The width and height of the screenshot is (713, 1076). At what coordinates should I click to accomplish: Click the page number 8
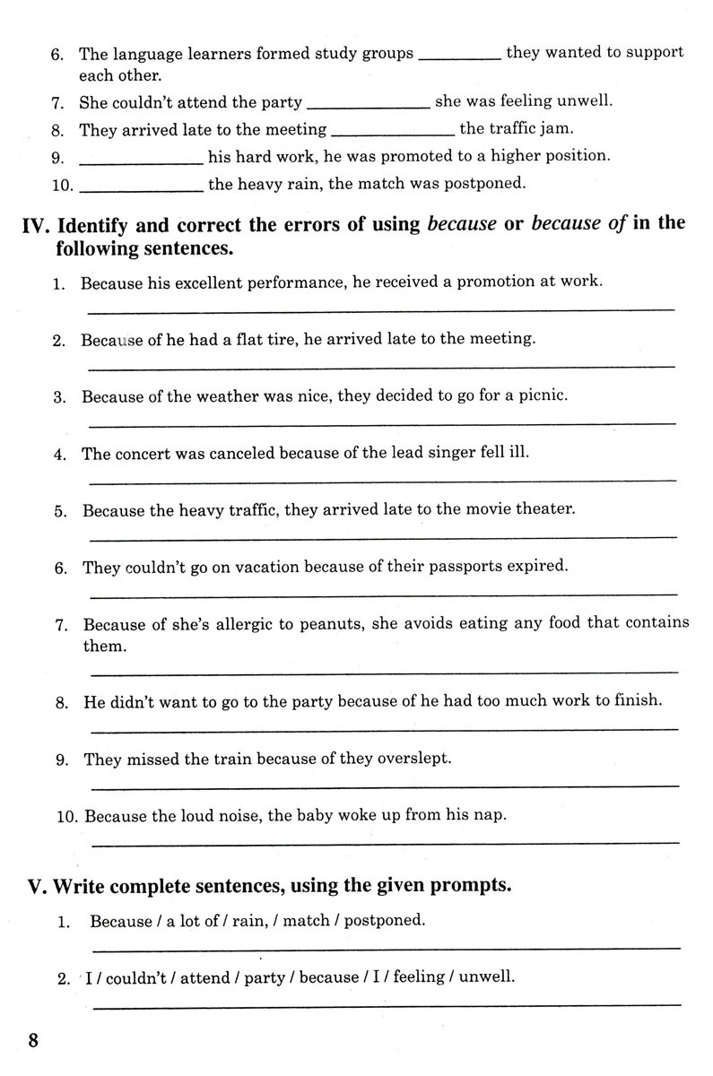pos(33,1041)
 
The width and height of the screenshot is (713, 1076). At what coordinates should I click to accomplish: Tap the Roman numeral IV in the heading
pos(37,224)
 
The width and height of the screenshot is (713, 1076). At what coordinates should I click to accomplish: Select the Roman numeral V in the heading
pos(36,887)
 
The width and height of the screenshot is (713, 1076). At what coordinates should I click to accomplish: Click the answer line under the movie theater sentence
pos(383,538)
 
